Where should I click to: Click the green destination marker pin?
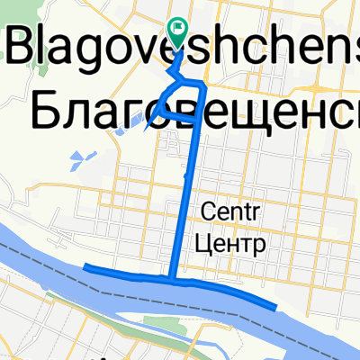click(177, 31)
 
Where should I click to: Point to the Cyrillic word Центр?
click(232, 242)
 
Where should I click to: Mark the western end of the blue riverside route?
click(85, 266)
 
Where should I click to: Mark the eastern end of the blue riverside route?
click(274, 307)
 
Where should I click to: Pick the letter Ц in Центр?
click(204, 243)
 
